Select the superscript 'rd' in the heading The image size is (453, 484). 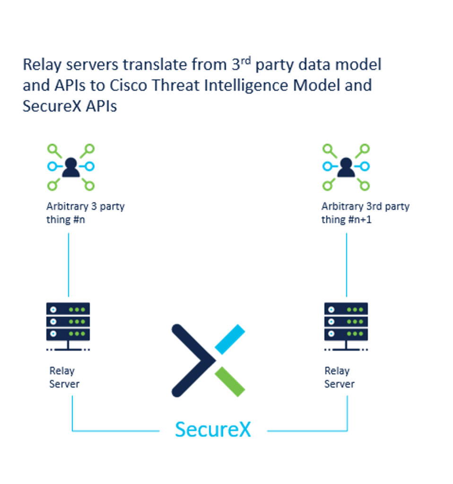tap(244, 60)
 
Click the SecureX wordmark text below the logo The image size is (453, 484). tap(213, 429)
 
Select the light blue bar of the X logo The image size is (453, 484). tap(230, 339)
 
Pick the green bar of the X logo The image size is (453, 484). tap(230, 382)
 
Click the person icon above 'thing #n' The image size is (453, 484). tap(71, 167)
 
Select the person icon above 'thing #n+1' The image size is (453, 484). tap(346, 167)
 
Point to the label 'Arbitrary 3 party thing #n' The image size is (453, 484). tap(85, 213)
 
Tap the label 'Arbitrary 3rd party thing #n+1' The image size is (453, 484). tap(365, 213)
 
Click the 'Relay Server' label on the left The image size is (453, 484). tap(64, 377)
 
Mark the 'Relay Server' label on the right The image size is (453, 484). tap(339, 377)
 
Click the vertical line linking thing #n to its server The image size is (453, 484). tap(69, 265)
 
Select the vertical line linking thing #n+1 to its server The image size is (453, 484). tap(347, 265)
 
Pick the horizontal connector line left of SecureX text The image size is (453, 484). tap(116, 431)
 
